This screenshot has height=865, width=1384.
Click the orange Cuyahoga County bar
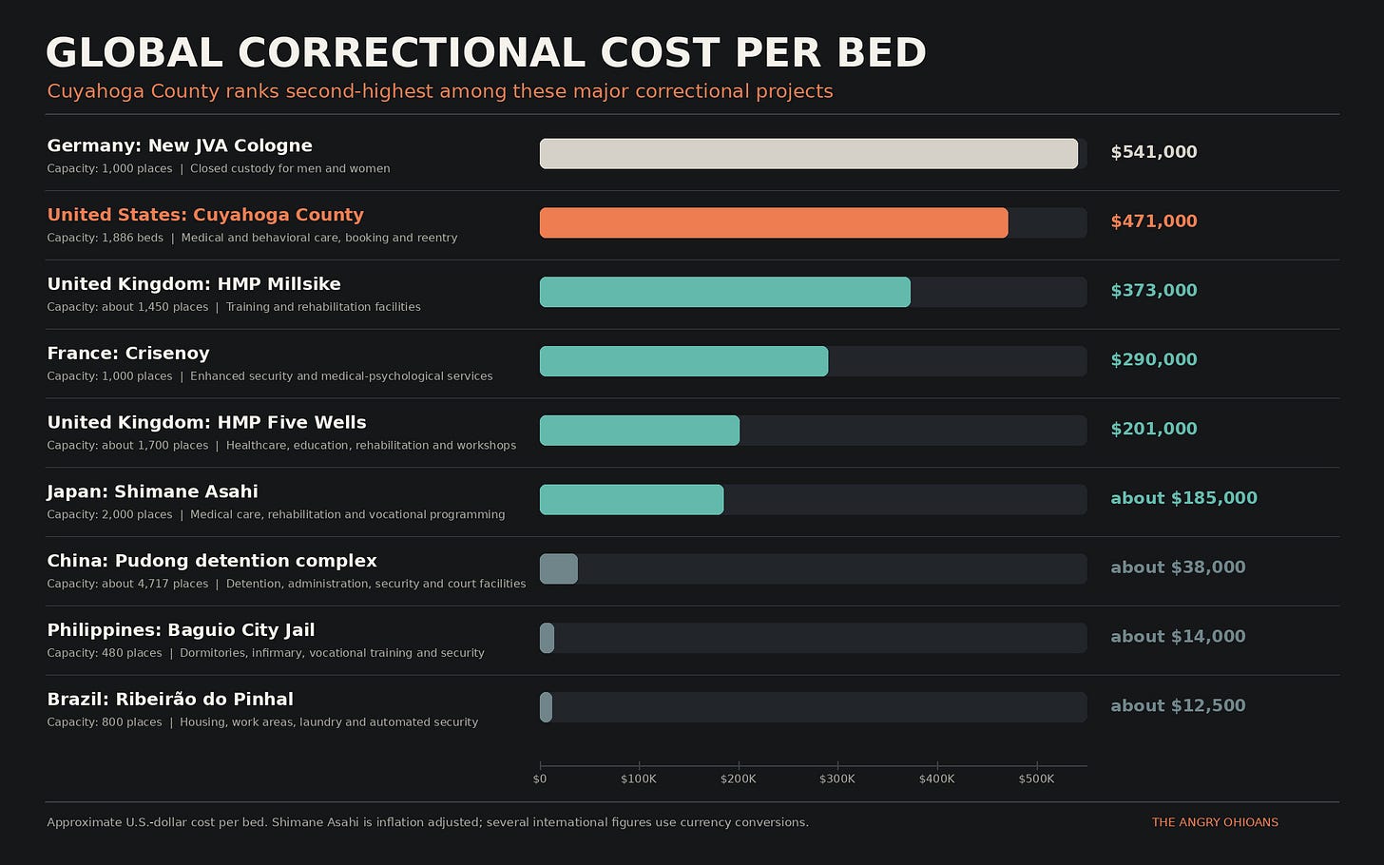pos(774,223)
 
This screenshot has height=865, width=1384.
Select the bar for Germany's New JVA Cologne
pos(809,154)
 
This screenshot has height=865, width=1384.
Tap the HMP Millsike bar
pos(724,292)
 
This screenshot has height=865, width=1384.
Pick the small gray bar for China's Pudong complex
pos(559,569)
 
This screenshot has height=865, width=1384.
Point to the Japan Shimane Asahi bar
pos(631,500)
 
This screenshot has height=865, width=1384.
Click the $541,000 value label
pos(1154,152)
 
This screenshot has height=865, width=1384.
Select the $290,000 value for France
pos(1154,359)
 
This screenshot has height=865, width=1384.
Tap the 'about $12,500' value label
pos(1178,705)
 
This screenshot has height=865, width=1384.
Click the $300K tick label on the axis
pos(837,779)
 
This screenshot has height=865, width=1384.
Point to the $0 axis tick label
pos(539,779)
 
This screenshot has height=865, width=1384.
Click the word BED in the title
pos(882,52)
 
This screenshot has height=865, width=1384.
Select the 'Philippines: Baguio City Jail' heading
pos(181,630)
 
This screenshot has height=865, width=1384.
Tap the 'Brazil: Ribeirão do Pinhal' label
pos(170,700)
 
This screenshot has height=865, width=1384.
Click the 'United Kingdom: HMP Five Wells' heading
pos(206,423)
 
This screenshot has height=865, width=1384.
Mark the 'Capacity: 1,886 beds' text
pos(105,238)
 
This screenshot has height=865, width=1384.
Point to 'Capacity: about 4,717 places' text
pos(127,584)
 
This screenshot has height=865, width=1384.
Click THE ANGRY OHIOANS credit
pos(1215,822)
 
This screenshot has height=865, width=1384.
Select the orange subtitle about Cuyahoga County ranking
pos(440,91)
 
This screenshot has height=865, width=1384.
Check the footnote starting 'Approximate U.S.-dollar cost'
pos(428,822)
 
